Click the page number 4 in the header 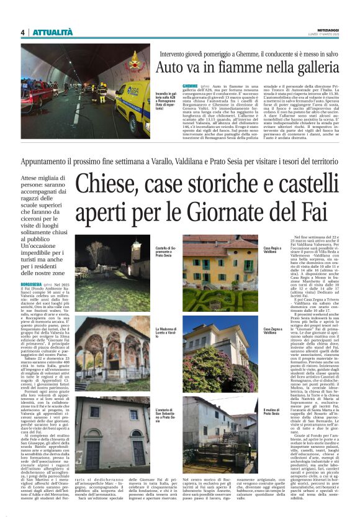pos(22,32)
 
